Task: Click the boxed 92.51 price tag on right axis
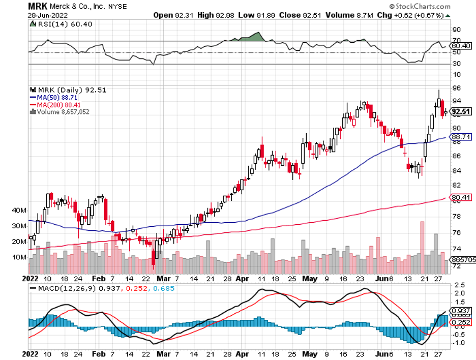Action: [461, 112]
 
